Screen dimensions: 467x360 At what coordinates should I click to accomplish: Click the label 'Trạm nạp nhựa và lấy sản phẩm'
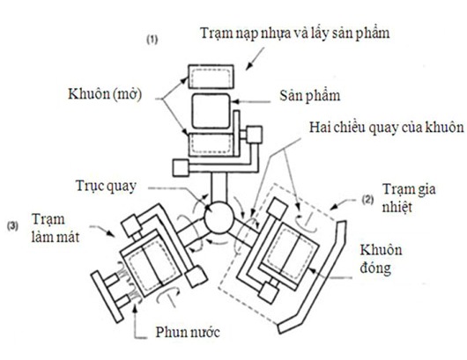(x=295, y=33)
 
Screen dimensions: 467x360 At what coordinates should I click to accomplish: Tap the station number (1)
(x=152, y=40)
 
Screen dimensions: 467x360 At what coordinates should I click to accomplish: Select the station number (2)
(x=367, y=200)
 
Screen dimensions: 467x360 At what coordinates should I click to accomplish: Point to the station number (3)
(x=12, y=226)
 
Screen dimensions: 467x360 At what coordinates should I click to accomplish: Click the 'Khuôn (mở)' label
(x=105, y=94)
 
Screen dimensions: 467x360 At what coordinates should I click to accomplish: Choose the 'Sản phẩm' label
(x=310, y=96)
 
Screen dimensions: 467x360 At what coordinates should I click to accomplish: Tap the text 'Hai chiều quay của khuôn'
(x=386, y=128)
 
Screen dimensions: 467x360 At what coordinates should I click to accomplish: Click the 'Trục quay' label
(x=106, y=187)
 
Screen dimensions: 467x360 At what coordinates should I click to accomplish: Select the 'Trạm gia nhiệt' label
(x=409, y=198)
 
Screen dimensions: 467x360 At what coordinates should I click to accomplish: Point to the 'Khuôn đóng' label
(x=381, y=259)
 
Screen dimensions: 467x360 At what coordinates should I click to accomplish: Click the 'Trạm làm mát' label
(x=56, y=229)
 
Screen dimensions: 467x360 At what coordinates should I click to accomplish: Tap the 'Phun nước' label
(x=188, y=332)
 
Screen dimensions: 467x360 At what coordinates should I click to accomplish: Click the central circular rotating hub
(x=219, y=217)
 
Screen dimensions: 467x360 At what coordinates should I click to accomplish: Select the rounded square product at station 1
(x=211, y=111)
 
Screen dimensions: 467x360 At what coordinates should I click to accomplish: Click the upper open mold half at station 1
(x=211, y=77)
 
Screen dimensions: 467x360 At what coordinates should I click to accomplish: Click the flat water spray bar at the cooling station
(x=107, y=297)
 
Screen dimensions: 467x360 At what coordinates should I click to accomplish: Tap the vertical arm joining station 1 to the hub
(x=219, y=187)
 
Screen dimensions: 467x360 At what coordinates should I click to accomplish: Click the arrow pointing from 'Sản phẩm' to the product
(x=251, y=102)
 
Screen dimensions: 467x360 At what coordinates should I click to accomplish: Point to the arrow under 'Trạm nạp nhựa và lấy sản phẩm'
(x=255, y=59)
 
